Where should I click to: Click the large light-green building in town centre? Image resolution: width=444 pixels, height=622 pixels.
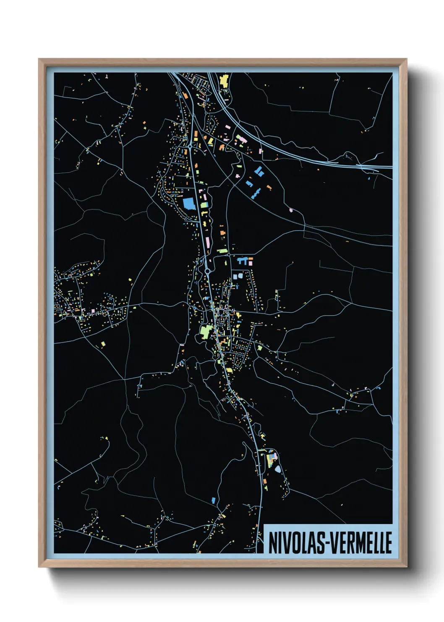(206, 330)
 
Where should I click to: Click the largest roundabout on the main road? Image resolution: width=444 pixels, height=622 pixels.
(207, 271)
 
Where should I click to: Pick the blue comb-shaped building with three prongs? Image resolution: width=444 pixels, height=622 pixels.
(243, 261)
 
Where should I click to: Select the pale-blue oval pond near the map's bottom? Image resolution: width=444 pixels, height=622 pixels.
(277, 469)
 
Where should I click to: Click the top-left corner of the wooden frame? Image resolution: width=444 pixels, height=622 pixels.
(39, 59)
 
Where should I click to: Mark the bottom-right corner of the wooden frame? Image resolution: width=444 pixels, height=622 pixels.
(407, 567)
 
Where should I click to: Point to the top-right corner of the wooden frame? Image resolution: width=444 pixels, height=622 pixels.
(407, 59)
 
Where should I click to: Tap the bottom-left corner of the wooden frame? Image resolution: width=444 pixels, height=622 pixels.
(39, 567)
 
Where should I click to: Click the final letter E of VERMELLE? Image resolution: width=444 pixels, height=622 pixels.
(389, 543)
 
